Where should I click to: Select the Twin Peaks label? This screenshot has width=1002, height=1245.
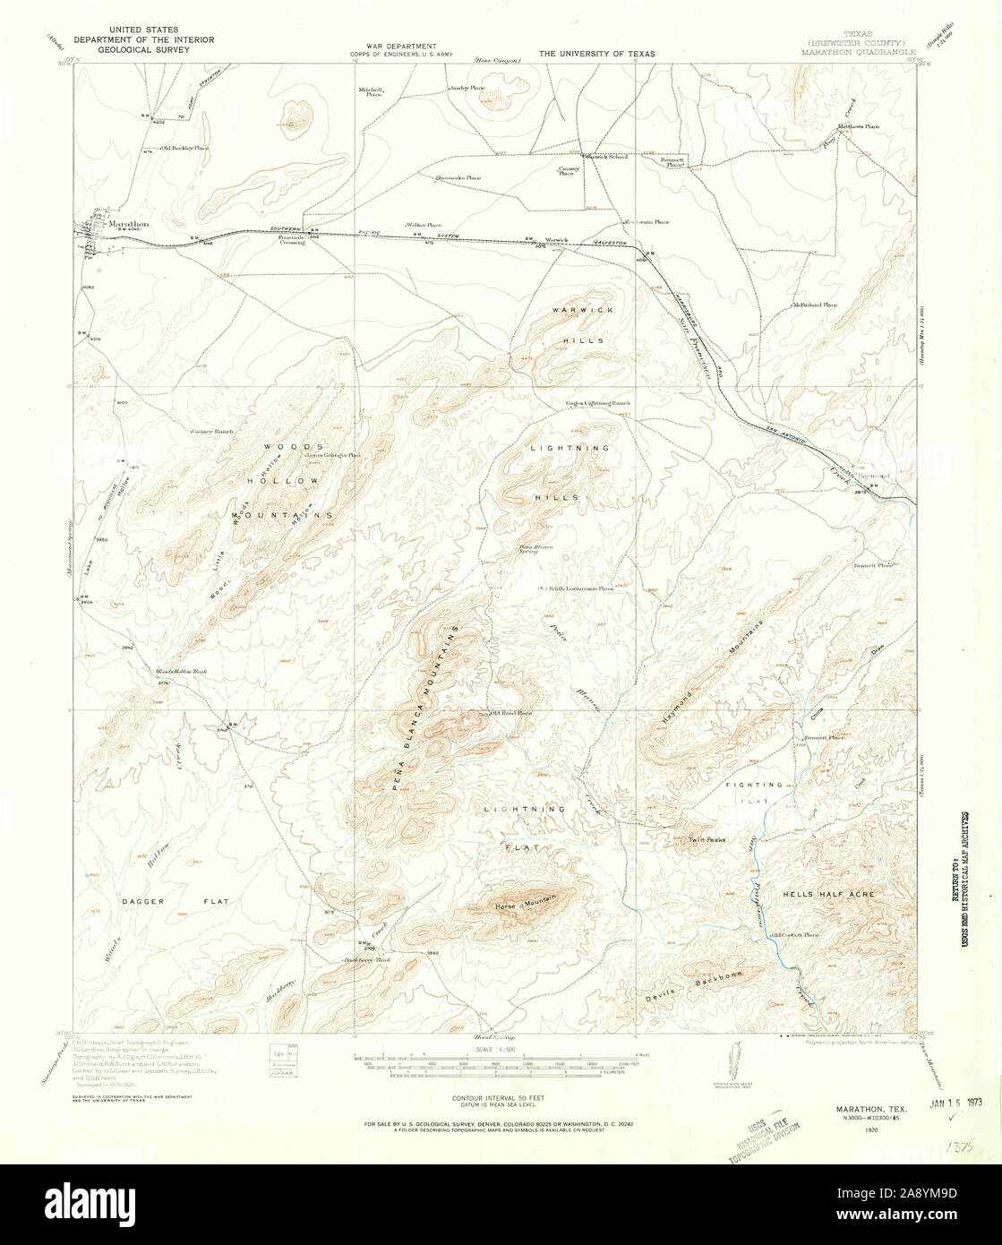tap(706, 840)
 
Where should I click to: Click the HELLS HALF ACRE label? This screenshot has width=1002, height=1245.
tap(828, 894)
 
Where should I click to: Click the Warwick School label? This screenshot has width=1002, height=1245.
tap(606, 157)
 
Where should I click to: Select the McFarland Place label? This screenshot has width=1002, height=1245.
tap(813, 305)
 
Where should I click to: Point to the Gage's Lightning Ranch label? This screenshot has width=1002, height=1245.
tap(597, 403)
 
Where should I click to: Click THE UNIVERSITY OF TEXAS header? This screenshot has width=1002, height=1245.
tap(595, 54)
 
